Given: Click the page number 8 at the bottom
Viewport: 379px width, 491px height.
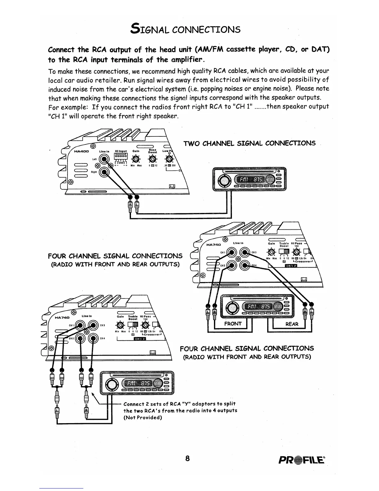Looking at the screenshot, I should pos(187,458).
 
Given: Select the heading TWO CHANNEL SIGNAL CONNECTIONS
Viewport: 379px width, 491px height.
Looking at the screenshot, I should pos(250,143).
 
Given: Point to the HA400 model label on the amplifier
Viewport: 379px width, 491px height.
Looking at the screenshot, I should pos(82,151).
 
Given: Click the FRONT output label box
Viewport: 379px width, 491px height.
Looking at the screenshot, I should pos(233,324).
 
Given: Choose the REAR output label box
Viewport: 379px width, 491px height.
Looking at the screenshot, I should pos(292,324).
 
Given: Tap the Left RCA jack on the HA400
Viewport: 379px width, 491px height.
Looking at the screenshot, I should pos(104,160).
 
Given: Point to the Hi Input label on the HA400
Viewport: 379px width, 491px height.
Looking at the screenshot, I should pos(121,151).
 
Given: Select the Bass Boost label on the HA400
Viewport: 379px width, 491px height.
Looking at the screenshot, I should pos(153,151).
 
